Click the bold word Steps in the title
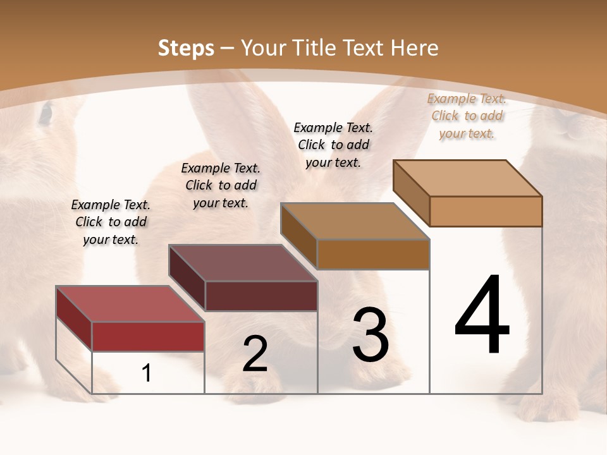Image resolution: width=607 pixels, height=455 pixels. pos(186,48)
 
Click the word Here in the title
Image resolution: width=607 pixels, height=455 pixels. pos(414,48)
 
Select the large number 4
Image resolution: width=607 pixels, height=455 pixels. pos(482,315)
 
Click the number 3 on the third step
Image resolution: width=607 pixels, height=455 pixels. pos(371,336)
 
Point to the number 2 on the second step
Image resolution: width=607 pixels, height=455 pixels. pos(255,354)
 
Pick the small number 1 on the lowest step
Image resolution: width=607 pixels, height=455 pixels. pos(146,373)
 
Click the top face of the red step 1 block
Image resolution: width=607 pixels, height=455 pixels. pos(130,304)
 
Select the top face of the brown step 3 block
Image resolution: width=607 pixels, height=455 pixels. pos(355,221)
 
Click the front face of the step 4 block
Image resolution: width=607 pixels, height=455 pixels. pos(486,211)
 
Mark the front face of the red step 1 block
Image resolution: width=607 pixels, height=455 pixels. pos(148,336)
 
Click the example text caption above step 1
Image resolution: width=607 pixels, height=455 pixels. pos(111,222)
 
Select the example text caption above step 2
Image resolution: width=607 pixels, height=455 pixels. pos(221,185)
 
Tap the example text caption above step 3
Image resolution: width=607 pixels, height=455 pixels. pos(333,145)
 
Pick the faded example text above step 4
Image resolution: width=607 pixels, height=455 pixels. pos(467,116)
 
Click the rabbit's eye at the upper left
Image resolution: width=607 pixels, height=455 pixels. pos(46,114)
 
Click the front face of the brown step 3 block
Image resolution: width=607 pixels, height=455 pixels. pos(373,254)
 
